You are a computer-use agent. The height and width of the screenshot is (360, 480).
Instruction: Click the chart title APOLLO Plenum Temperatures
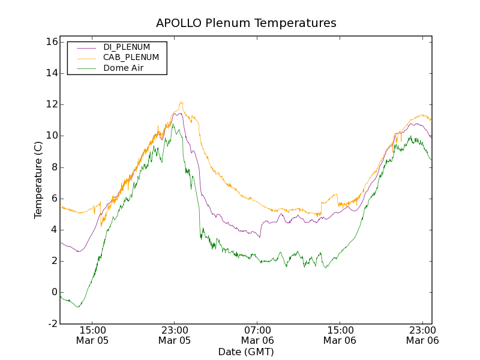point(246,23)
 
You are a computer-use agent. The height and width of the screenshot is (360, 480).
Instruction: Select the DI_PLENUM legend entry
point(127,47)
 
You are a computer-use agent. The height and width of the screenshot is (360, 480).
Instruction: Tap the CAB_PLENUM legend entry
point(131,58)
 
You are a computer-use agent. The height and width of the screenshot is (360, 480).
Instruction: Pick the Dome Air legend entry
point(124,68)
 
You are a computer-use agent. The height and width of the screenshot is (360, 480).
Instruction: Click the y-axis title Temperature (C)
point(38,180)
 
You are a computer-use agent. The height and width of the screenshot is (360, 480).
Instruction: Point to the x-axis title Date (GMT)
point(246,352)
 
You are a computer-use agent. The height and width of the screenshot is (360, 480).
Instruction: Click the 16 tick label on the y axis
point(50,42)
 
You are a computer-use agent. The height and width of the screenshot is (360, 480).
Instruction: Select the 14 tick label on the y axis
point(50,73)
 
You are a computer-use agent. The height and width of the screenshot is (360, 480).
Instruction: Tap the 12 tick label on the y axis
point(50,104)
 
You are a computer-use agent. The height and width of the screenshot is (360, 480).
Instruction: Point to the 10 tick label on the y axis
point(50,136)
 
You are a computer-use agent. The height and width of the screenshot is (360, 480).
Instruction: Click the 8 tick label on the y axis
point(53,167)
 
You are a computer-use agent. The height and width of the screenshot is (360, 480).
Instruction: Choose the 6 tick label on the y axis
point(53,199)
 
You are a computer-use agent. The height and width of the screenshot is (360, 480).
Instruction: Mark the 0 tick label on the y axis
point(53,292)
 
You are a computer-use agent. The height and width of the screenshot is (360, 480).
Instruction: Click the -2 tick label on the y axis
point(52,323)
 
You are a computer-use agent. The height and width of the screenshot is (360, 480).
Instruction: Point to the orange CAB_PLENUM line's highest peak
point(181,102)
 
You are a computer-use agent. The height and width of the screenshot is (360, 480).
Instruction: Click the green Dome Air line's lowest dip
point(77,307)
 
